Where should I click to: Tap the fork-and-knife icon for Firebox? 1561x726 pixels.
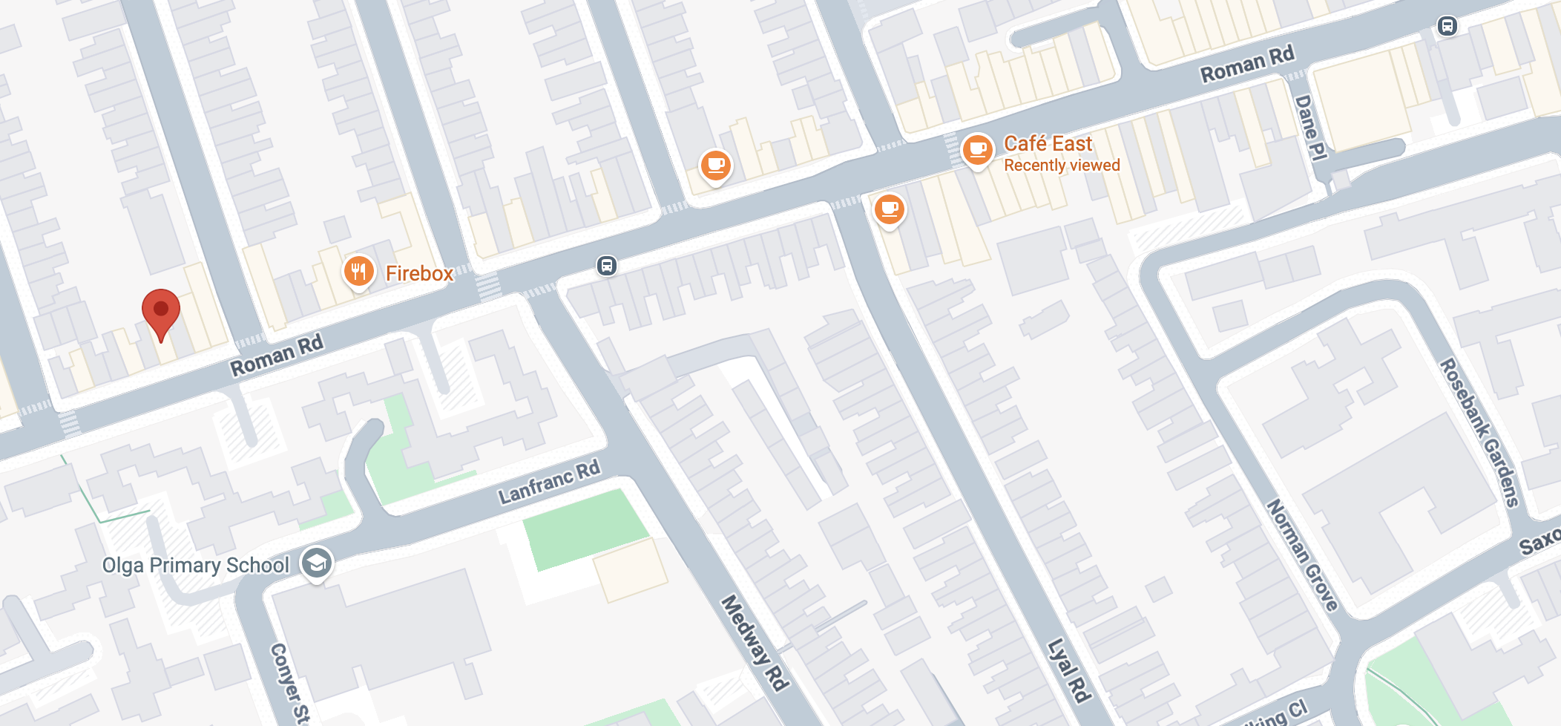(x=359, y=272)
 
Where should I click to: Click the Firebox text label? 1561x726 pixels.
(x=419, y=274)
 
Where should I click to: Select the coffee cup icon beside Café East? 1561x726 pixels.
(x=978, y=149)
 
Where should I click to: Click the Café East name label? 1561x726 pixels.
(x=1048, y=143)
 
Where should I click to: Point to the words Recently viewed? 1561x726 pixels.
(x=1062, y=166)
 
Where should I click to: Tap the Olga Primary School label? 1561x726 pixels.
(x=195, y=566)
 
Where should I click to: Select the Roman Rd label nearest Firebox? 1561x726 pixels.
(x=277, y=355)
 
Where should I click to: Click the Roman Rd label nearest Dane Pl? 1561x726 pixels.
(x=1247, y=64)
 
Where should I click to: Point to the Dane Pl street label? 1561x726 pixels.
(x=1310, y=127)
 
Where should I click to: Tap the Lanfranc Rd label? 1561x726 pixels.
(x=549, y=482)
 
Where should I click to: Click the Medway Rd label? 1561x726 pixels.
(x=755, y=643)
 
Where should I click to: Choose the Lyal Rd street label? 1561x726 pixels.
(x=1069, y=670)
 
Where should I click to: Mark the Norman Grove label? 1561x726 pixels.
(x=1302, y=555)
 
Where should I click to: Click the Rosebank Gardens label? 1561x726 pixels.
(x=1479, y=433)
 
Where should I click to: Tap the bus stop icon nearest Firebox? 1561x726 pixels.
(x=606, y=266)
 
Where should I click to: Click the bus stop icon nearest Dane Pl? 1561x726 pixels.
(x=1447, y=27)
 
